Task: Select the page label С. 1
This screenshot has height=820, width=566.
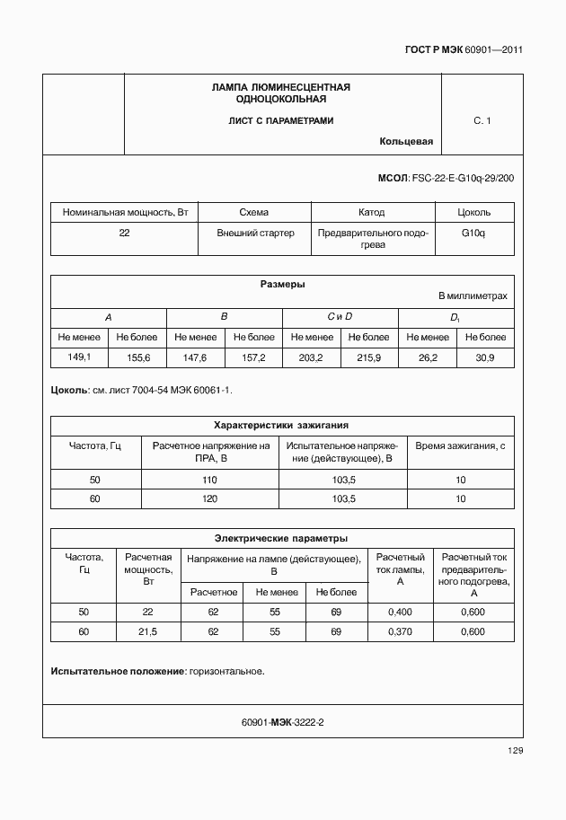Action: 482,119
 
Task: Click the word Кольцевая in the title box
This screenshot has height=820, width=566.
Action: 406,142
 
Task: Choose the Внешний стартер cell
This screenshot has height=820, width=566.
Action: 255,233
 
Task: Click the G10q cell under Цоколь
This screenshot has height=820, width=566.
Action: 473,233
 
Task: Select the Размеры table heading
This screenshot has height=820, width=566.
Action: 282,285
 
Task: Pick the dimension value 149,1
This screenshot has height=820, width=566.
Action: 80,357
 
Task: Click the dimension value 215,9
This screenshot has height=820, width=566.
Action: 368,357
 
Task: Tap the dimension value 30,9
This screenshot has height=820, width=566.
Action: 484,357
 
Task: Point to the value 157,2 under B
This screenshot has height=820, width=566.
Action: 252,357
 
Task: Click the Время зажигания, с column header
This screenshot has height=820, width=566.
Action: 460,445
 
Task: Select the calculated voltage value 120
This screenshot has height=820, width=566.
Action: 210,498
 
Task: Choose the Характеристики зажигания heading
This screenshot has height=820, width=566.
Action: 281,425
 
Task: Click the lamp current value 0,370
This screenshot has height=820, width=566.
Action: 399,631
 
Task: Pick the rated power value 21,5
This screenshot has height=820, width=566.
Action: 147,631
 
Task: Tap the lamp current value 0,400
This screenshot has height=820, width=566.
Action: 399,612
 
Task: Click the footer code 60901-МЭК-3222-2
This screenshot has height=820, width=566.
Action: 282,722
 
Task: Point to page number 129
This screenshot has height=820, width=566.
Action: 514,751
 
